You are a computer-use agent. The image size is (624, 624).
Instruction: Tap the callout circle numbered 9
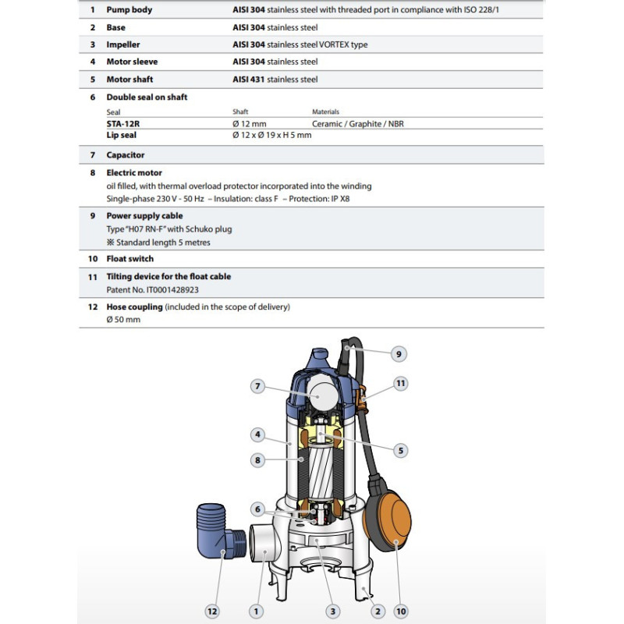click(x=398, y=353)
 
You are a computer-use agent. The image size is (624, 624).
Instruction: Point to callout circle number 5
click(x=400, y=449)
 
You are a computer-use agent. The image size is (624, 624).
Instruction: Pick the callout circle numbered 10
click(x=401, y=612)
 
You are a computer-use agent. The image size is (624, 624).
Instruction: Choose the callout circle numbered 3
click(x=333, y=612)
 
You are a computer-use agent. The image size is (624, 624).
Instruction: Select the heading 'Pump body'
click(x=129, y=10)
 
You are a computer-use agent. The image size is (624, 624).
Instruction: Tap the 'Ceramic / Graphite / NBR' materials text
click(x=357, y=123)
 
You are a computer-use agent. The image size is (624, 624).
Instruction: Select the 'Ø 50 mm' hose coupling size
click(x=123, y=320)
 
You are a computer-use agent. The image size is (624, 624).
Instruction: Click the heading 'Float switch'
click(x=129, y=258)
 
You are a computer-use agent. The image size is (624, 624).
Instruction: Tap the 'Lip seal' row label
click(x=122, y=135)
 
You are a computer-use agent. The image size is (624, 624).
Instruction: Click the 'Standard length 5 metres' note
click(x=153, y=242)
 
